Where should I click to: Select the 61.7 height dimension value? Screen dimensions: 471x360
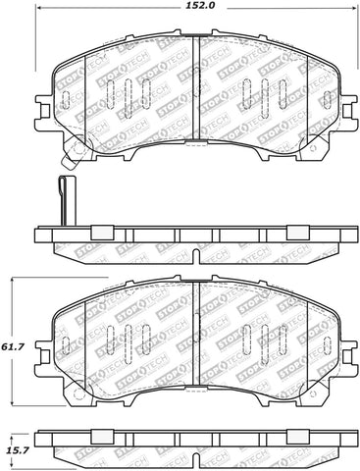14,345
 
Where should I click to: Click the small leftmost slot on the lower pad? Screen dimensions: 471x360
67,346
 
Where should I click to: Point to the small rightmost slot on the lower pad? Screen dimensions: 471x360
325,346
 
